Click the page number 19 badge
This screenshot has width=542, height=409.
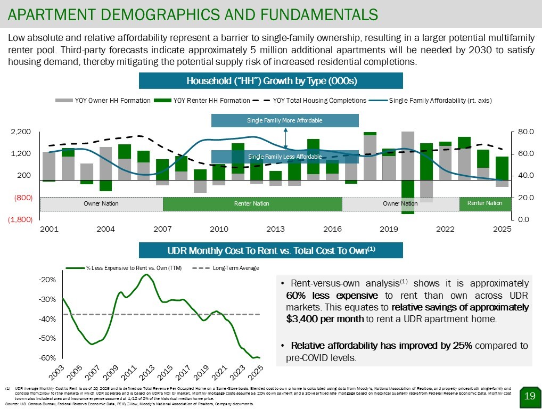(x=529, y=395)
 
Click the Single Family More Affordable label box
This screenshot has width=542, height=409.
(x=285, y=120)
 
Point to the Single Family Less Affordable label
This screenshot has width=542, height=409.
(x=285, y=157)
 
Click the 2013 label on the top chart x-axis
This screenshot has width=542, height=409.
(x=275, y=230)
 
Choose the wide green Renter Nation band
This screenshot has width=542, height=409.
(x=252, y=204)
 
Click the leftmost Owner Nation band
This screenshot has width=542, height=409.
(x=101, y=204)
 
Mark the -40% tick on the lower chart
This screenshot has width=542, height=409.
(x=48, y=319)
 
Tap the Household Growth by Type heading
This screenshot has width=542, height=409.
(x=271, y=81)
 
